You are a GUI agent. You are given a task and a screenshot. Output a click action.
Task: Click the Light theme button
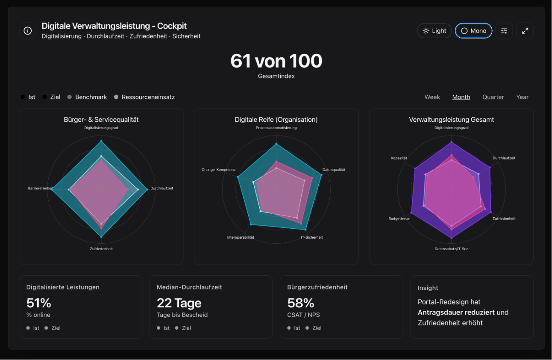(x=434, y=31)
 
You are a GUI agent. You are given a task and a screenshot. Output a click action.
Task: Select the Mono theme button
(x=473, y=31)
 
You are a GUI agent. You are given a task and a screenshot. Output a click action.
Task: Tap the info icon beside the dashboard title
(x=28, y=31)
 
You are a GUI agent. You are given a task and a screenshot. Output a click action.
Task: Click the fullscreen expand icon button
(x=525, y=31)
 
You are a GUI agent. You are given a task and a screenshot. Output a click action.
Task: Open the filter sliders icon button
(x=504, y=31)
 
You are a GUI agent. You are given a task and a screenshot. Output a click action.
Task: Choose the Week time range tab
(x=432, y=97)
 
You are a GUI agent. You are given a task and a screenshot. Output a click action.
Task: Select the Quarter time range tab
(x=493, y=97)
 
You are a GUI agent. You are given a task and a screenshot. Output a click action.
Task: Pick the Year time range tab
(x=522, y=97)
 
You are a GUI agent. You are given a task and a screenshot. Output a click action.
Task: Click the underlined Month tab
(x=461, y=97)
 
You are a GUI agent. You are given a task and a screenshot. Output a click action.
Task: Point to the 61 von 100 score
(x=276, y=61)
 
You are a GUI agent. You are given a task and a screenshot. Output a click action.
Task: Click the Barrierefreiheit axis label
(x=41, y=188)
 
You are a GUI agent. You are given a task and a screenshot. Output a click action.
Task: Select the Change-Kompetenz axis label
(x=218, y=170)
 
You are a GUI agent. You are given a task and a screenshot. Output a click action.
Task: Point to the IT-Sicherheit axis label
(x=311, y=237)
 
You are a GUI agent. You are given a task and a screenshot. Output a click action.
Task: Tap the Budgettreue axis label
(x=399, y=218)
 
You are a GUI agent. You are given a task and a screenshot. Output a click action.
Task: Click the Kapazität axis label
(x=399, y=158)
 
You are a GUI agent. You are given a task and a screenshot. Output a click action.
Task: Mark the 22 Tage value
(x=179, y=303)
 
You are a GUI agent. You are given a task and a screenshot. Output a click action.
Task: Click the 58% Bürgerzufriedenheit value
(x=301, y=303)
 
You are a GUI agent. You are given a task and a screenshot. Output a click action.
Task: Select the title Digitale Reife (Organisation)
(x=276, y=120)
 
